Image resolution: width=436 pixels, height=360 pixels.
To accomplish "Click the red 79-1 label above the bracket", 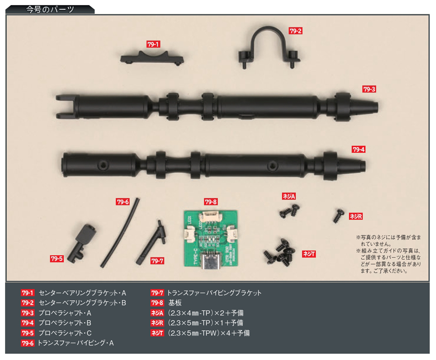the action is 153,44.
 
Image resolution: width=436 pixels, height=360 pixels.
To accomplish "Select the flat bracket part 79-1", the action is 152,58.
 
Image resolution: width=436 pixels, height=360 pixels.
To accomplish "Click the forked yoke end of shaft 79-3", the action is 65,107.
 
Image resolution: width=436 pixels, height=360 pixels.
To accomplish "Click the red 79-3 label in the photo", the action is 369,89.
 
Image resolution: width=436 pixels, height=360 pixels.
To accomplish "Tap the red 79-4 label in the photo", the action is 358,149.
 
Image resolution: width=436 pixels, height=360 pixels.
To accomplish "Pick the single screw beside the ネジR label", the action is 339,216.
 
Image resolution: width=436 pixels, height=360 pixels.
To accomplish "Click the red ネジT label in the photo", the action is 309,254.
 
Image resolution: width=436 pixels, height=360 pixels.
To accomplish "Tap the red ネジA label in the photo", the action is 289,196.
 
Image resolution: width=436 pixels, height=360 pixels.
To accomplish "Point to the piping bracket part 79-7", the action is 152,242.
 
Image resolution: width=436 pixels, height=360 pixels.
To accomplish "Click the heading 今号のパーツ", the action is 50,10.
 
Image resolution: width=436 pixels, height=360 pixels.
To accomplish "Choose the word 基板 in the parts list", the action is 175,303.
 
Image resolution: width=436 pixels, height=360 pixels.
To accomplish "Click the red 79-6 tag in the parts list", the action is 27,343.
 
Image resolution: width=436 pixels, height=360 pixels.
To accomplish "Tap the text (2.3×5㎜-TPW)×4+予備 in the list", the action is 208,333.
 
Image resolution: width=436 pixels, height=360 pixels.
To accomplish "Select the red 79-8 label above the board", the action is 211,202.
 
